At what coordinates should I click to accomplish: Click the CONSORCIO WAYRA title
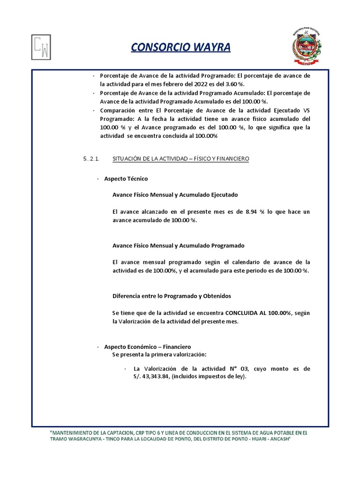(x=180, y=48)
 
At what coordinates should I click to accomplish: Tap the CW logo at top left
(x=41, y=47)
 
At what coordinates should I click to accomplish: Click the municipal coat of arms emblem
(x=307, y=46)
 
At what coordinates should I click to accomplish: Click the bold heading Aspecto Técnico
(x=126, y=179)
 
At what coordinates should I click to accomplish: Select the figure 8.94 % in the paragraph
(x=255, y=212)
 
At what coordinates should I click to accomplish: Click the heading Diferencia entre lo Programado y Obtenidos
(x=172, y=296)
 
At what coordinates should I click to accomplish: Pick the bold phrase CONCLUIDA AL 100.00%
(x=258, y=313)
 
